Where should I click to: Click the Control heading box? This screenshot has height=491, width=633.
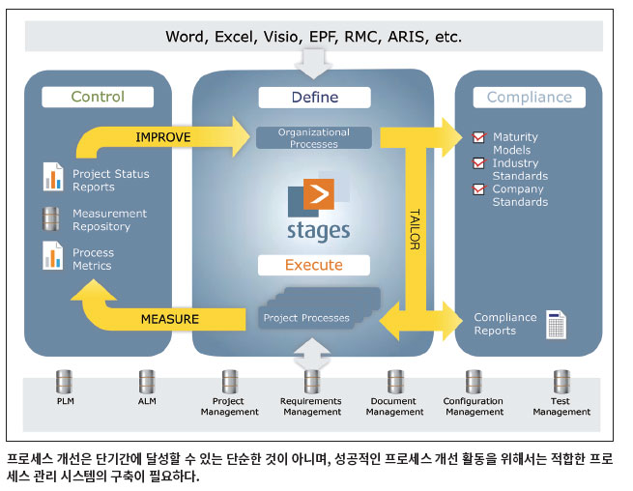pos(98,97)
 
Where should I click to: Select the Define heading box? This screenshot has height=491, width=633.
pos(314,98)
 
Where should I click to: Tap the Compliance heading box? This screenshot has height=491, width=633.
pos(530,98)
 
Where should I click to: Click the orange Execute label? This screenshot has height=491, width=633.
pos(314,265)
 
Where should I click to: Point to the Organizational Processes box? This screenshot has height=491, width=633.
pos(314,137)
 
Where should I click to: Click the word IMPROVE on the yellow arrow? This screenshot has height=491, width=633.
pos(163,137)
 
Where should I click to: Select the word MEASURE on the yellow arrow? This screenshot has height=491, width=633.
pos(170,319)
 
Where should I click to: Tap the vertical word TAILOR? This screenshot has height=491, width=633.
pos(415,229)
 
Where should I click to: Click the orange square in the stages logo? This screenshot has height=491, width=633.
pos(319,194)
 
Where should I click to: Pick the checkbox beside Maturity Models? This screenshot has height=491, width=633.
pos(478,137)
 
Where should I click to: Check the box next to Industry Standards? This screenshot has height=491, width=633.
pos(478,163)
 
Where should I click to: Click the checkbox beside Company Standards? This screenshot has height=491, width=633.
pos(478,189)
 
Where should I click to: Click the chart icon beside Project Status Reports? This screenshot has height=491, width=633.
pos(53,177)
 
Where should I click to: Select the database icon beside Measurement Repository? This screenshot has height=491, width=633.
pos(51,218)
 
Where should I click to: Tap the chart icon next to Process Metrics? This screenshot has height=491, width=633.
pos(53,255)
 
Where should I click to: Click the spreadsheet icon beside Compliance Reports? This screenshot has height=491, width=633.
pos(556,324)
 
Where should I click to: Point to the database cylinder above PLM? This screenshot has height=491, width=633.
pos(64,382)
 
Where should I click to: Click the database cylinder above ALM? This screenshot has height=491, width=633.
pos(147,382)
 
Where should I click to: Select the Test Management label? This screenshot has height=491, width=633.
pos(561,407)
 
